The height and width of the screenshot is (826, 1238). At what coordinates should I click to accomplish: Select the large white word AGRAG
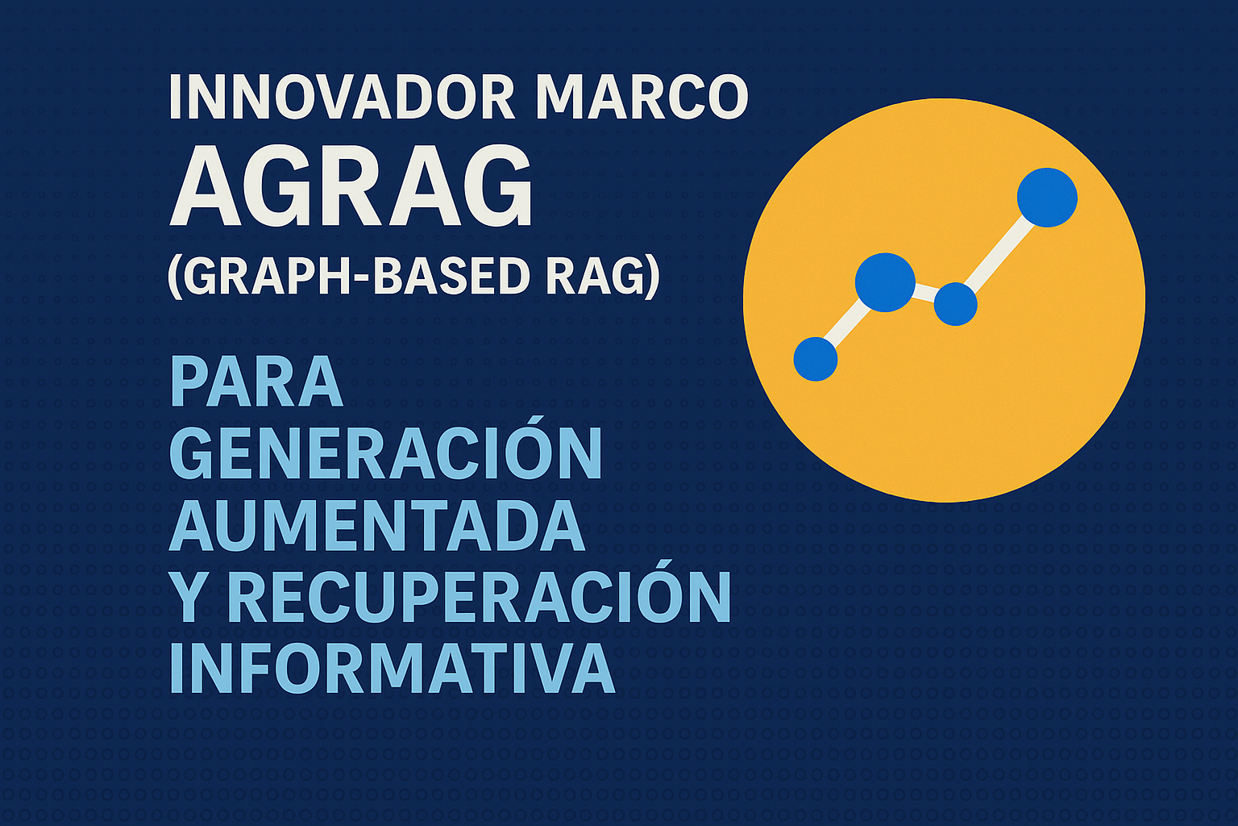pos(351,186)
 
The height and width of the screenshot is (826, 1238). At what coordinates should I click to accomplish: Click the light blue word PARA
pos(256,382)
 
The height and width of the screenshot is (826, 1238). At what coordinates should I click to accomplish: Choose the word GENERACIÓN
pos(386,448)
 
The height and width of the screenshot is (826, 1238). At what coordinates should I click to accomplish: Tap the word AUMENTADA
pos(377,526)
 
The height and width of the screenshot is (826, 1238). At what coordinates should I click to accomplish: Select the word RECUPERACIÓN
pos(480,592)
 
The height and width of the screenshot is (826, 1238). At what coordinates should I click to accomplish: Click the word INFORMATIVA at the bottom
pos(393,668)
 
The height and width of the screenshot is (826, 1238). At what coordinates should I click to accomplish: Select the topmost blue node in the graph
pos(1047,198)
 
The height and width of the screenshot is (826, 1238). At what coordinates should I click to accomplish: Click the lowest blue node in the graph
pos(815,359)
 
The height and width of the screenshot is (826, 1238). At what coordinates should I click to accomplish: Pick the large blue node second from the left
pos(884,282)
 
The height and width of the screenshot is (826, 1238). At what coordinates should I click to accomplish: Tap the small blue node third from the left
pos(955,304)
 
